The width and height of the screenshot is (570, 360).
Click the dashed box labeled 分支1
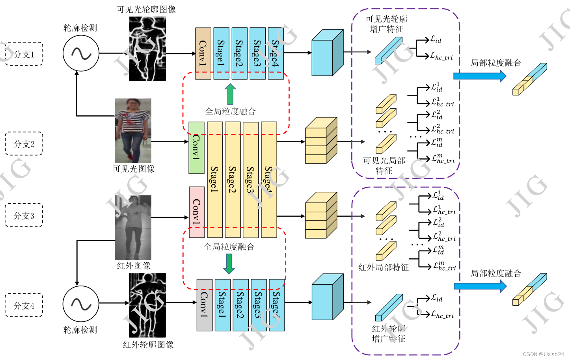[x=24, y=54]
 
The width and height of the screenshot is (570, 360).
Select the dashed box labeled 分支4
[x=24, y=305]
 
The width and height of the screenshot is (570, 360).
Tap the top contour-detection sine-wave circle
[x=81, y=53]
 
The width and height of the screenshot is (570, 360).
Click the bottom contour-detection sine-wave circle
[x=81, y=303]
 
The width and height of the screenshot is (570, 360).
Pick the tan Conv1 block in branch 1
[x=203, y=53]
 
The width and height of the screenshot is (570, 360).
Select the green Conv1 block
[x=196, y=148]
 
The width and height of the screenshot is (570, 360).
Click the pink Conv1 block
[x=197, y=212]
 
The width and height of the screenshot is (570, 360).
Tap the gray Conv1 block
[x=204, y=305]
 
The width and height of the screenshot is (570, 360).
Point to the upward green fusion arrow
[x=230, y=94]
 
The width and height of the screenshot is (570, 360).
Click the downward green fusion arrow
[x=229, y=264]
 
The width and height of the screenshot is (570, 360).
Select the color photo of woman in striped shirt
[x=133, y=130]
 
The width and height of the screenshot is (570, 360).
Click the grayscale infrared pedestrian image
[x=133, y=227]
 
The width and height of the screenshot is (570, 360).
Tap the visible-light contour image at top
[x=147, y=49]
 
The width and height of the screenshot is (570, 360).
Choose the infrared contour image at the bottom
[x=147, y=305]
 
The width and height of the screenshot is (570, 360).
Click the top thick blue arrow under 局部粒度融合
[x=479, y=76]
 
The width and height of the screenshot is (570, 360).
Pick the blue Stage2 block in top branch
[x=239, y=53]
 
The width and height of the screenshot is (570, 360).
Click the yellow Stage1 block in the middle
[x=215, y=179]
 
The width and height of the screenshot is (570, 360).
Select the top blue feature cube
[x=327, y=53]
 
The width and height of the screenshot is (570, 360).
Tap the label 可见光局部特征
[x=384, y=166]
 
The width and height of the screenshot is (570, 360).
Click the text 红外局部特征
[x=383, y=267]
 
